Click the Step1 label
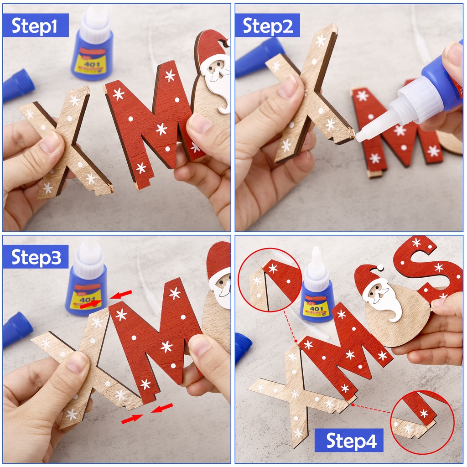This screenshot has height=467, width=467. [x=35, y=26]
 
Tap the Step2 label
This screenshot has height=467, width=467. [x=267, y=26]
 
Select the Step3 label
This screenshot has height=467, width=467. [x=35, y=257]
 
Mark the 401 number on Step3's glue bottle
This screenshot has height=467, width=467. [x=87, y=301]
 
